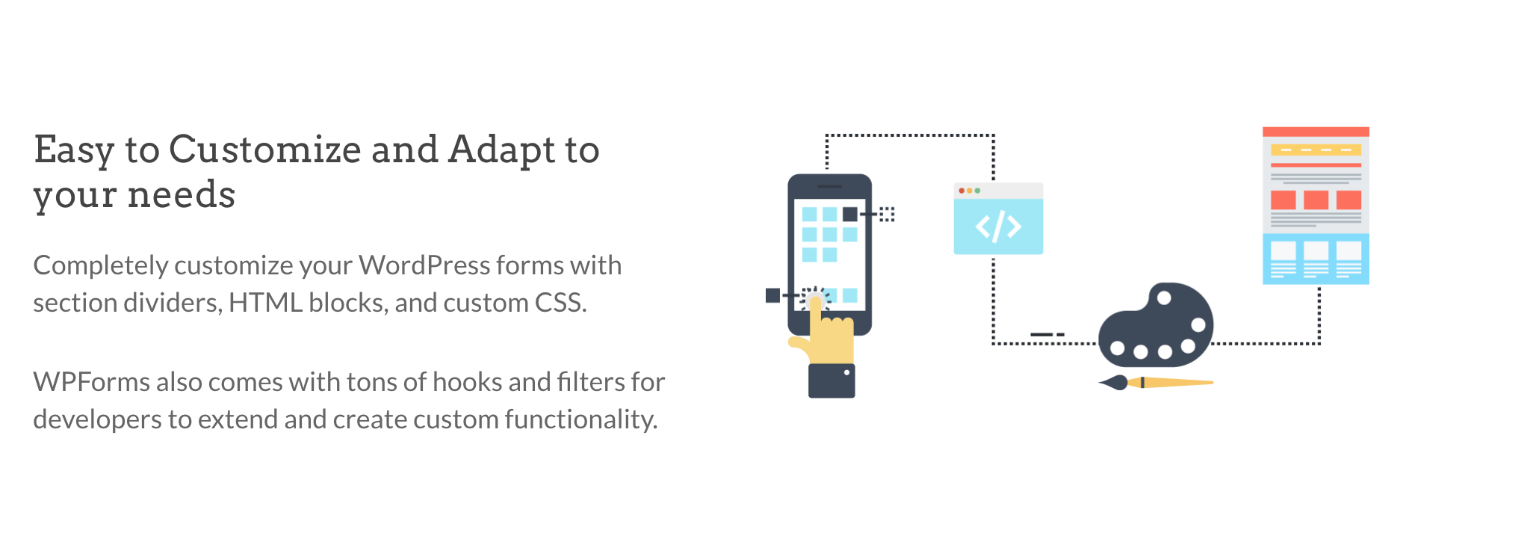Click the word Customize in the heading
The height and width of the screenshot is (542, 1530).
click(265, 150)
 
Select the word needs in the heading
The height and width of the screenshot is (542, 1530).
click(182, 195)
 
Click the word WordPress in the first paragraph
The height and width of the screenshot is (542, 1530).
click(424, 265)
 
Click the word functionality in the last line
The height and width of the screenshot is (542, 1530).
click(581, 420)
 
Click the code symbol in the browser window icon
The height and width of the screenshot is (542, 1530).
click(998, 227)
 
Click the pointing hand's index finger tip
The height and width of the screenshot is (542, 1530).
click(815, 301)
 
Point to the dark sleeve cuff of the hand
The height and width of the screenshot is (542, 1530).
click(831, 381)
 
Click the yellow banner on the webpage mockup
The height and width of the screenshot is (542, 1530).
click(1316, 150)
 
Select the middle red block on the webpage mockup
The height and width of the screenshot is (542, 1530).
click(1316, 200)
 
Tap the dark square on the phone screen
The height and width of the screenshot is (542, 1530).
click(850, 215)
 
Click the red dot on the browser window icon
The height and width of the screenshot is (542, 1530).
click(961, 191)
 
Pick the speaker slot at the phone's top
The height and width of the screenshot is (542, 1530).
click(830, 186)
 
